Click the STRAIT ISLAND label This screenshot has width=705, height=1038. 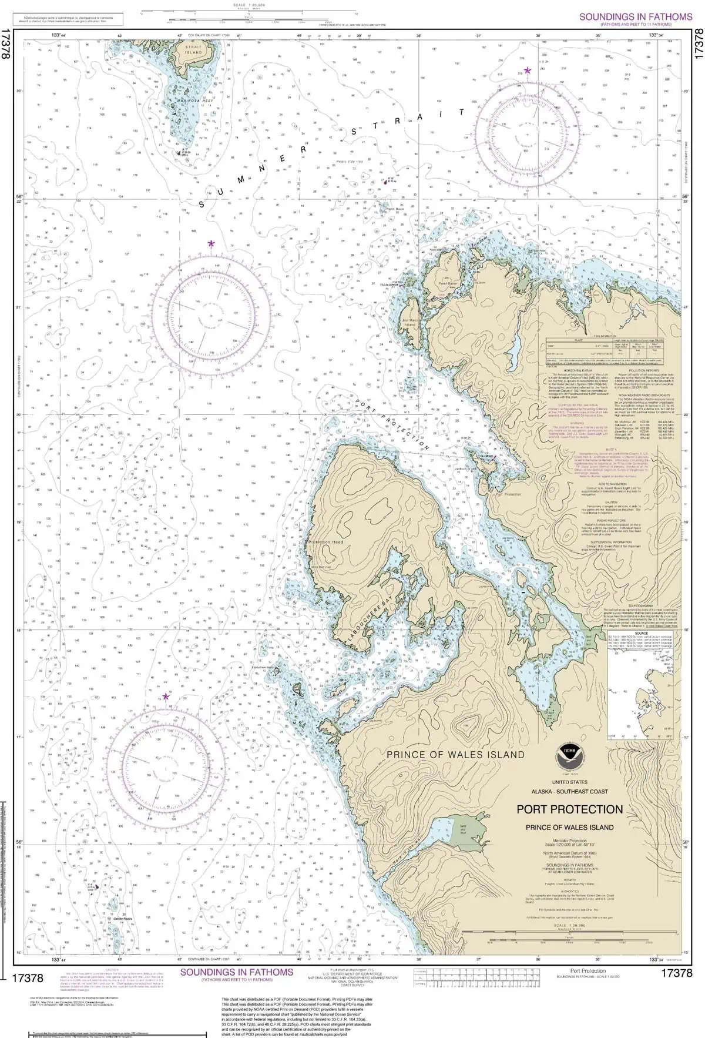(x=193, y=49)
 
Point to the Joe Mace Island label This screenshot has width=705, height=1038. (x=409, y=322)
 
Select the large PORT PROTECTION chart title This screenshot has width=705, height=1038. (x=569, y=809)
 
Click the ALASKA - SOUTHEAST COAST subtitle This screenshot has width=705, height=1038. (x=569, y=792)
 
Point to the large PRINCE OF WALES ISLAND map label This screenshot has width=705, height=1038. (x=455, y=754)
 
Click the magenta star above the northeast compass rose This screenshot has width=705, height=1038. (x=528, y=71)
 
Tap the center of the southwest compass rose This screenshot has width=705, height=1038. (x=166, y=768)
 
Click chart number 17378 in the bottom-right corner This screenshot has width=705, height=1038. (x=676, y=973)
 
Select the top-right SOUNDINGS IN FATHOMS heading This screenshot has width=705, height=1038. (x=636, y=17)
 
